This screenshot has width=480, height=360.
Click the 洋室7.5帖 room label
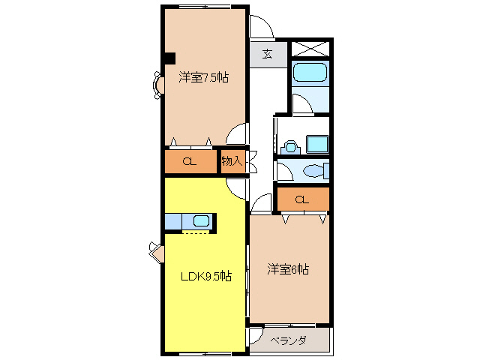point(203,77)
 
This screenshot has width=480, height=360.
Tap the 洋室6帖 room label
point(288,269)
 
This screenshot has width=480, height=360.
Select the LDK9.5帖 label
point(205,276)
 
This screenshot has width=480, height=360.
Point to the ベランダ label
point(288,341)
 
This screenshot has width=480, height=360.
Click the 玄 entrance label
point(267,53)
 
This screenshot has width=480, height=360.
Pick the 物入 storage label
point(232,160)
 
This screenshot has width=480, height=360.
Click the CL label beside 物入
point(189,161)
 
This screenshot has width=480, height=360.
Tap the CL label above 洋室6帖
point(301,199)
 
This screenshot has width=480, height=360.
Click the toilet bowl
point(314,171)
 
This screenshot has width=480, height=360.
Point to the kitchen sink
point(201,221)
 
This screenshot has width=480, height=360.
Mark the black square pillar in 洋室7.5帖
point(170,57)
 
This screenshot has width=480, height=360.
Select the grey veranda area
point(289,340)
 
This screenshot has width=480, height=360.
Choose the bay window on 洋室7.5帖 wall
point(158,85)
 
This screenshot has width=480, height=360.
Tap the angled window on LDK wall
point(156,252)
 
